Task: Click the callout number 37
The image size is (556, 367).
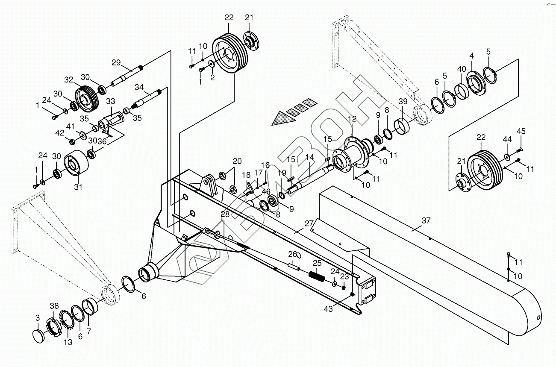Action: point(426,220)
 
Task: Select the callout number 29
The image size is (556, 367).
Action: point(117,62)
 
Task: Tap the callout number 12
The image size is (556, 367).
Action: point(352,118)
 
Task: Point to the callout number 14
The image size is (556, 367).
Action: point(310,157)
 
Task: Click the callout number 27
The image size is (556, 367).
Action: point(309,223)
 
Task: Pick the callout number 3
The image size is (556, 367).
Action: point(38,317)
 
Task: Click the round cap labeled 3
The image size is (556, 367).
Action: point(39,335)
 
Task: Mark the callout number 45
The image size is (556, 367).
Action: point(521,131)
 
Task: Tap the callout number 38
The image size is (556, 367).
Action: point(54,305)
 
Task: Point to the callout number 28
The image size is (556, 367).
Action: point(225,214)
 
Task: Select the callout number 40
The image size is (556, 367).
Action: point(462,69)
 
